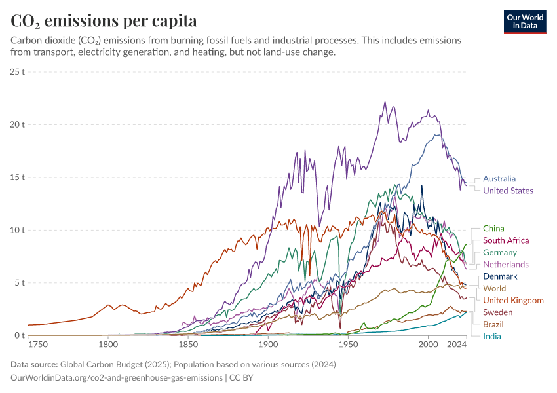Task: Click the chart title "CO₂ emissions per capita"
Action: [104, 21]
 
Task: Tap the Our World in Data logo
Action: [524, 22]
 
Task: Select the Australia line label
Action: [499, 179]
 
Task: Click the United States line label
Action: [508, 191]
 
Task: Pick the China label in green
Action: [493, 229]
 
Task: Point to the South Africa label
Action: [505, 240]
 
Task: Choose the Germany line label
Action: [499, 252]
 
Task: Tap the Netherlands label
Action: [505, 264]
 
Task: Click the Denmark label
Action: [500, 276]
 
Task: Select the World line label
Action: [494, 288]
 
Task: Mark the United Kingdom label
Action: [513, 300]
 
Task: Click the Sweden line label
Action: [497, 312]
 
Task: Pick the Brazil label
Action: [493, 324]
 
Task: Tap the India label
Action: [491, 336]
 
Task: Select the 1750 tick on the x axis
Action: [37, 345]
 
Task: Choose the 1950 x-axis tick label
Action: [348, 345]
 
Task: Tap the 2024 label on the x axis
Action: [456, 345]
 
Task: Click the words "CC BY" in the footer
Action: [241, 378]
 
